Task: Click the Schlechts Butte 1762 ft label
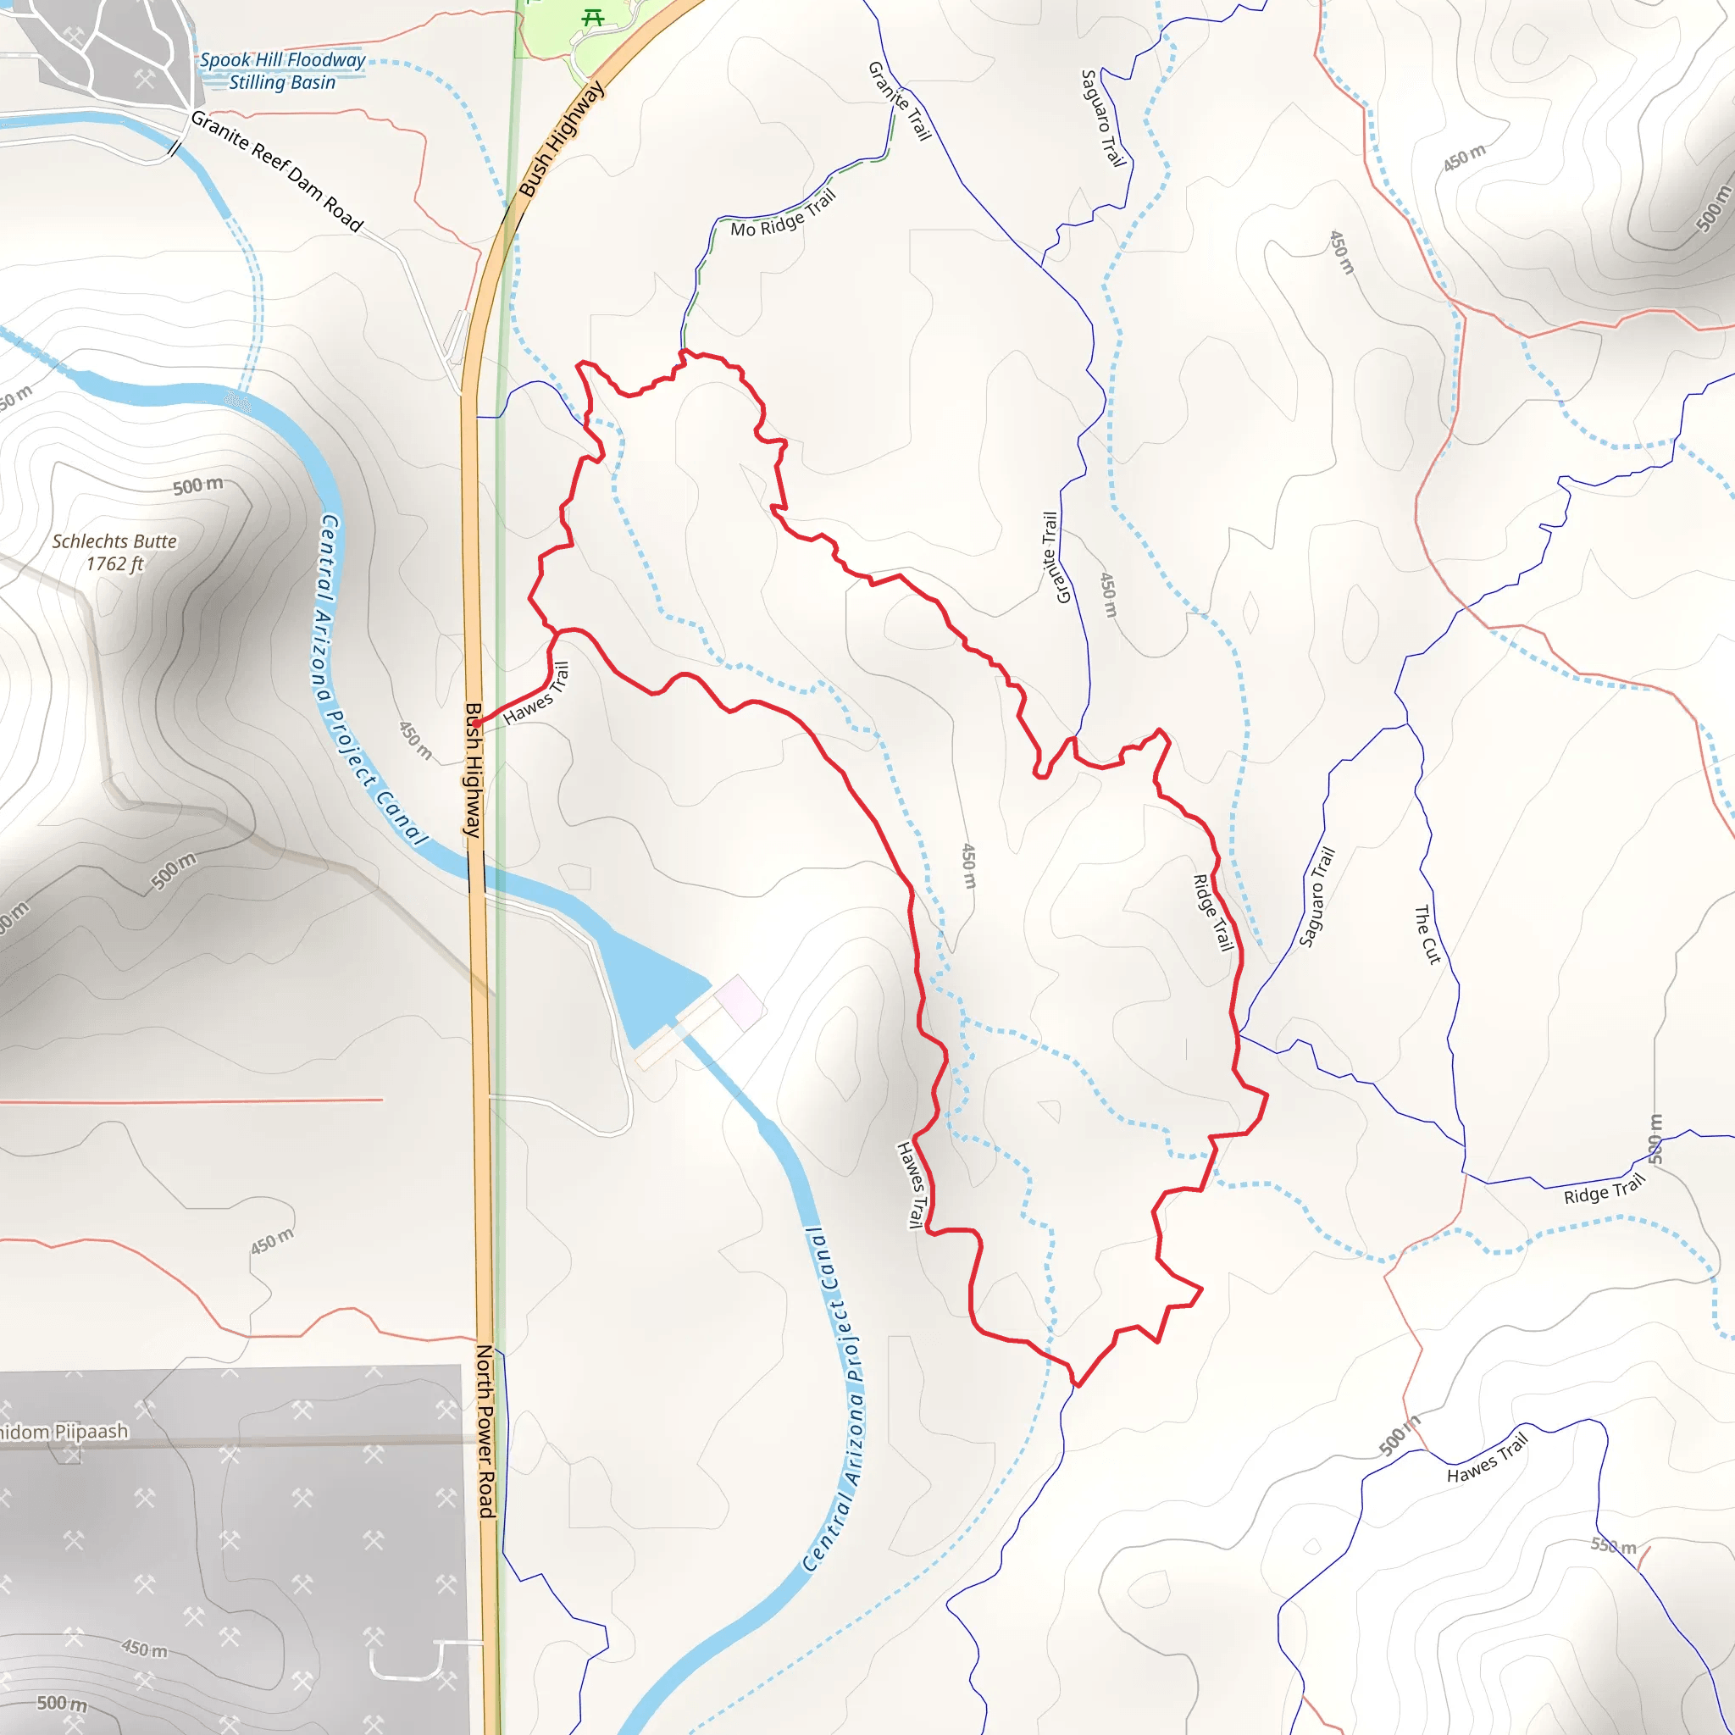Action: click(114, 552)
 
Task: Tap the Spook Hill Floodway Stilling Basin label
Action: click(282, 71)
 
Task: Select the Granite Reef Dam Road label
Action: click(276, 171)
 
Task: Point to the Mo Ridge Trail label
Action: click(782, 213)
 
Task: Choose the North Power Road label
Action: click(485, 1432)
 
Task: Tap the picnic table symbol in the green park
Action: click(592, 17)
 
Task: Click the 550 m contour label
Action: click(1614, 1545)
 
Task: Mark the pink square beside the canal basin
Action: click(738, 1001)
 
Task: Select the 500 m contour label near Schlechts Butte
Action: click(197, 485)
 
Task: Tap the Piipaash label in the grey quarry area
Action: click(63, 1432)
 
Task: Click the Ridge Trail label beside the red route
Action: click(1212, 912)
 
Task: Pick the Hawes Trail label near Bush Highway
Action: click(537, 693)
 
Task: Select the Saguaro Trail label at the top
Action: click(1103, 118)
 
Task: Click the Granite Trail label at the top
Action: click(899, 101)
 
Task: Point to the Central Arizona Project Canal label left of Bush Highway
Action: click(370, 679)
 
